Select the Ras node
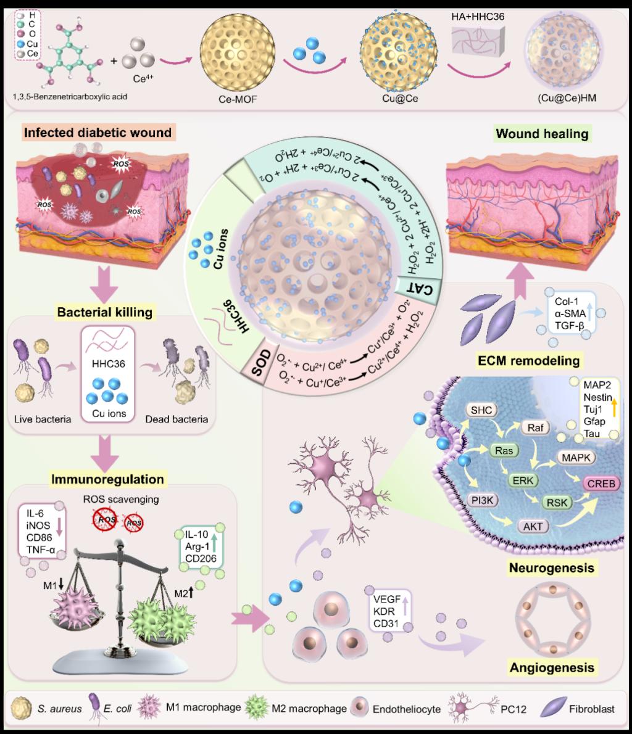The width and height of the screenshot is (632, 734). [504, 451]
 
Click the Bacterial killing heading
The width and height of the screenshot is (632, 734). [104, 313]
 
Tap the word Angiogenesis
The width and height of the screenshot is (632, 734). [552, 667]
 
